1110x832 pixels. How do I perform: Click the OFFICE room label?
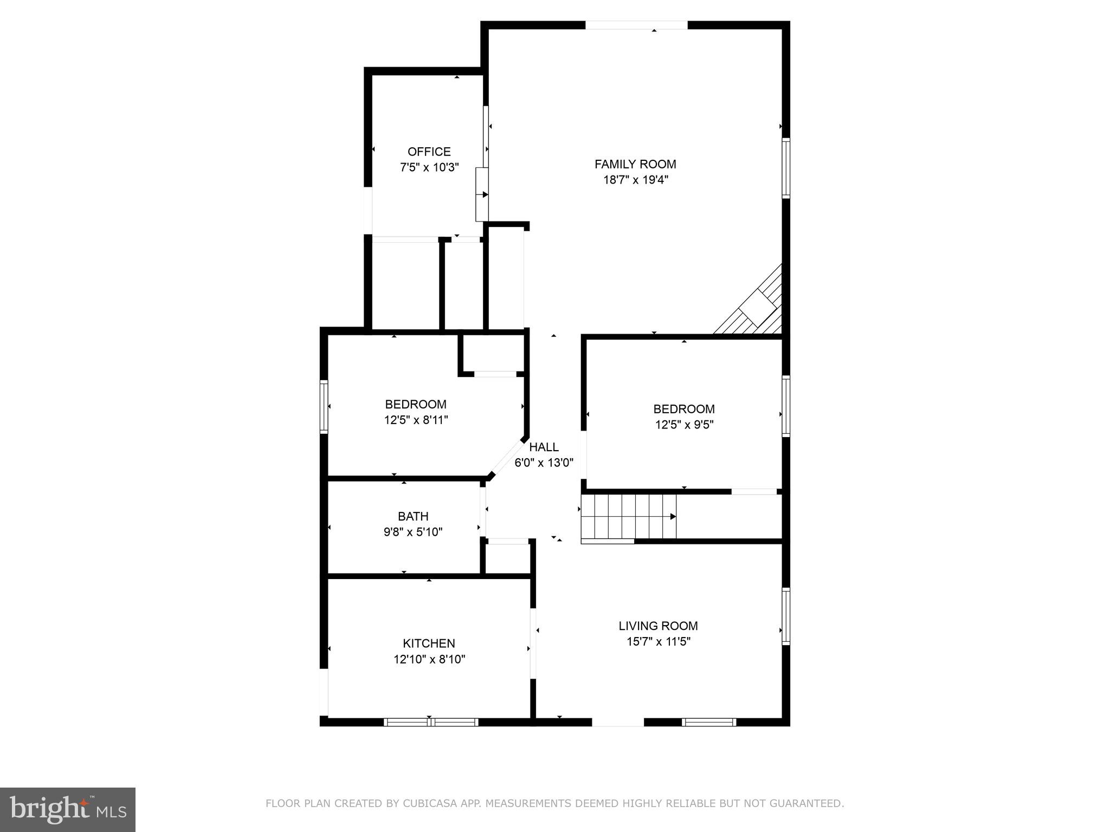[429, 152]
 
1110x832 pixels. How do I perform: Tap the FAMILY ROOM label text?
[635, 164]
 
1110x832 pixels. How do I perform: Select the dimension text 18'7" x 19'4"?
[635, 180]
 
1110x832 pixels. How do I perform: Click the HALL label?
[544, 447]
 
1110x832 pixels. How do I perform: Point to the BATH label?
[413, 516]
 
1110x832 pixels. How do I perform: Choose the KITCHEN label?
[429, 643]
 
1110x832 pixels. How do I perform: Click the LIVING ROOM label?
[658, 626]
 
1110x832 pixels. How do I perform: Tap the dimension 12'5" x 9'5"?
[684, 425]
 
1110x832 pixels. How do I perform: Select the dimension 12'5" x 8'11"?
[416, 420]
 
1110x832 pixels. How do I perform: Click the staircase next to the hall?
[629, 517]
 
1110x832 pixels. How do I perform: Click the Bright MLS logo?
[67, 809]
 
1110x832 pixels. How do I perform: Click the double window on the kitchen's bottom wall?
[431, 721]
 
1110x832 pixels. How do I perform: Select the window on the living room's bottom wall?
[709, 721]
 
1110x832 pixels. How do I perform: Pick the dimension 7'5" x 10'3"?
[429, 167]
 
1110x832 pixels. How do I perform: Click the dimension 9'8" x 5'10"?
[413, 532]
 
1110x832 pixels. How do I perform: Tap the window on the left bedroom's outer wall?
[324, 406]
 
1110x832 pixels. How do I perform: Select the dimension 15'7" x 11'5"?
[658, 642]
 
